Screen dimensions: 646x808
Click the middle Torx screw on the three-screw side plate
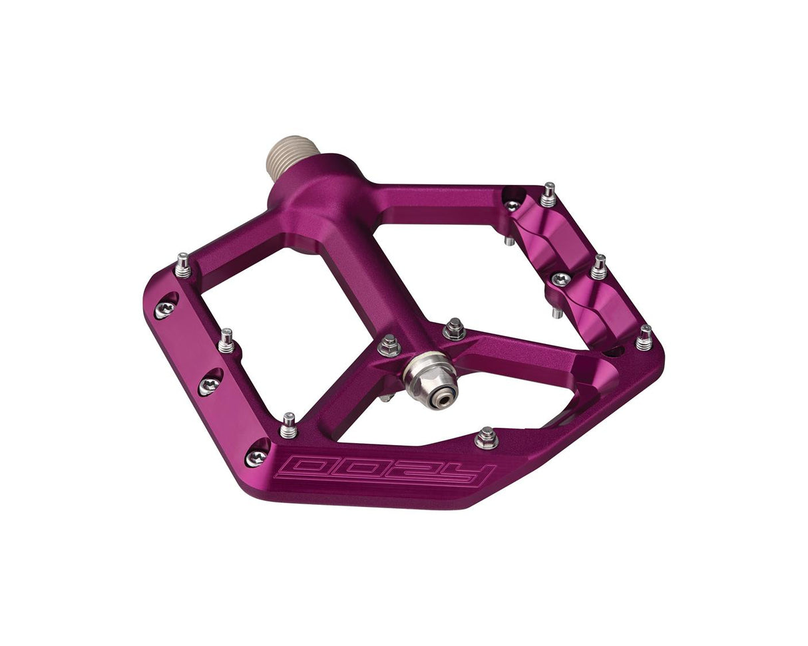(x=209, y=385)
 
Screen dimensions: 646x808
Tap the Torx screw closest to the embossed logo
(x=256, y=456)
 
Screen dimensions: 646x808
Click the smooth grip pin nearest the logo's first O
(x=288, y=426)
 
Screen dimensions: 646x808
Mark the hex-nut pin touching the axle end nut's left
(x=389, y=345)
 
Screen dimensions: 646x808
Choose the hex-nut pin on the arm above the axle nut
(x=454, y=329)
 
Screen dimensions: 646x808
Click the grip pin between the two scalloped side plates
(x=598, y=267)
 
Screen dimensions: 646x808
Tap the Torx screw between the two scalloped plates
(x=561, y=279)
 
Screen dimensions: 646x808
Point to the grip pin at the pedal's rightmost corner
(x=644, y=337)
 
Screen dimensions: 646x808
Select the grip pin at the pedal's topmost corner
(x=548, y=194)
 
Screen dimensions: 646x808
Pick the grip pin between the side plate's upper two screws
(x=226, y=341)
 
